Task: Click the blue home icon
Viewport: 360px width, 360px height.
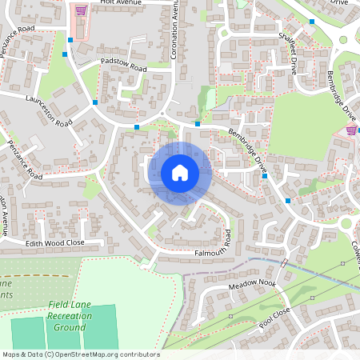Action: point(180,173)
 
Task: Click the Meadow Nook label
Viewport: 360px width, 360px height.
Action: point(251,285)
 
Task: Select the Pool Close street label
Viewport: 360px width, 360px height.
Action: point(274,319)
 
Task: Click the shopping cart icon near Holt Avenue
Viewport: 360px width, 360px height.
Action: point(80,10)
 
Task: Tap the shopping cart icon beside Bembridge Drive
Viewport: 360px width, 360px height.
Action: point(351,129)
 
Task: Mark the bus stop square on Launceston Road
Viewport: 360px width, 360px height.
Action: point(95,102)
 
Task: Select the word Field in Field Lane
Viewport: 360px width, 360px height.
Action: point(58,306)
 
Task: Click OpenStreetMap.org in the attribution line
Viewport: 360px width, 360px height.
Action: point(87,354)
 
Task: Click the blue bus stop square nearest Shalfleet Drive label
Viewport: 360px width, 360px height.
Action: point(312,22)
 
